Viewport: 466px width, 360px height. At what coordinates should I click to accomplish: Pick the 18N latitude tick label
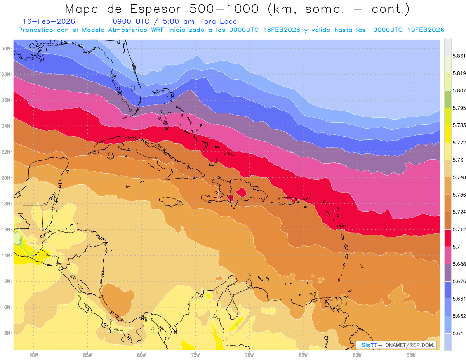pos(7,203)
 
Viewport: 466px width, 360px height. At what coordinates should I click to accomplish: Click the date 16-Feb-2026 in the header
pos(49,21)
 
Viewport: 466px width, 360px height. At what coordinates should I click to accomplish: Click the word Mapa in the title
pos(79,9)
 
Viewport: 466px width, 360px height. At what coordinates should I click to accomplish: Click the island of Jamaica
pos(170,201)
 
